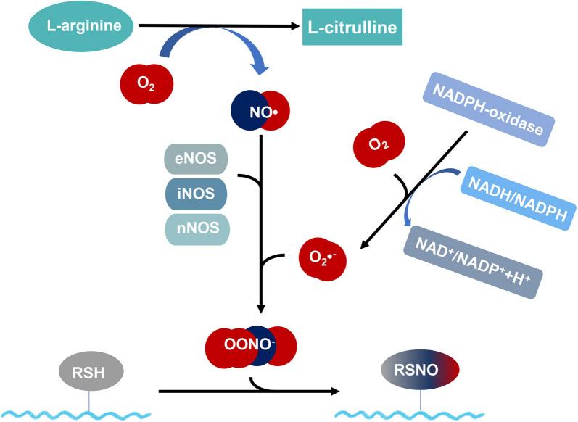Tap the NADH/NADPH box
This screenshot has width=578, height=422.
[x=521, y=196]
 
